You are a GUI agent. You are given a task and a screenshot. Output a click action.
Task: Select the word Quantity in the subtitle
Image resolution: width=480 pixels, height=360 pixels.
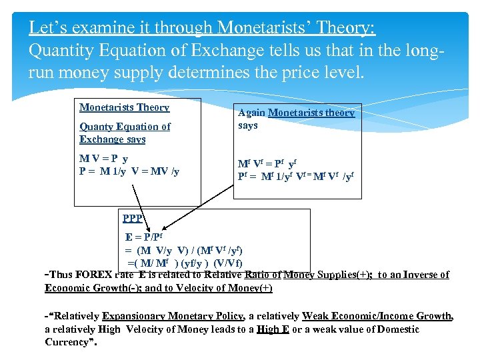(62, 51)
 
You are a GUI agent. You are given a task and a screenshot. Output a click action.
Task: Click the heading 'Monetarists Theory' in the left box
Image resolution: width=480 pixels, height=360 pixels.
(125, 107)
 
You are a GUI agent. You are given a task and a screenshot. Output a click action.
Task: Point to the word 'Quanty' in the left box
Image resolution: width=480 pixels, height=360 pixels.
(97, 127)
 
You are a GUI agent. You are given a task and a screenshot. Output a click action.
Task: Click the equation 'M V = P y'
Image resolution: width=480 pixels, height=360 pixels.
(104, 159)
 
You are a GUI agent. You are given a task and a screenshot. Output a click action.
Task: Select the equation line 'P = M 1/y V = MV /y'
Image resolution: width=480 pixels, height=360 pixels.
(129, 171)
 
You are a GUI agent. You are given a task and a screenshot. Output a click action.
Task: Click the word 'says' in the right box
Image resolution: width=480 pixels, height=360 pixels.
(248, 125)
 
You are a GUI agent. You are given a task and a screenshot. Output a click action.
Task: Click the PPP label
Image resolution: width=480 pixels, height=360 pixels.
(133, 218)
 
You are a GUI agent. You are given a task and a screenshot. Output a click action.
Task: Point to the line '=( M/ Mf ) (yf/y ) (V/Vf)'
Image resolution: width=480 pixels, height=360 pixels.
(185, 262)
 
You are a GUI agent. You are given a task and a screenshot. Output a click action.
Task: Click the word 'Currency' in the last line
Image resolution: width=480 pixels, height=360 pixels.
(67, 342)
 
